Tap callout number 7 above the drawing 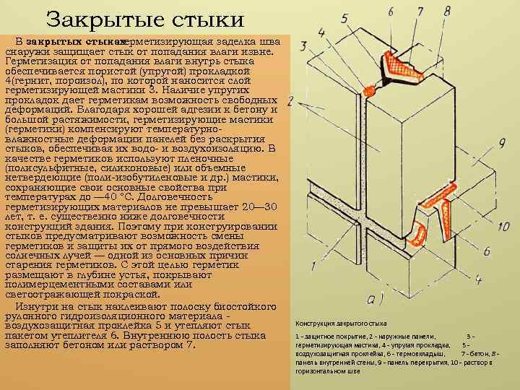419,12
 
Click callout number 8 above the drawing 447,10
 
